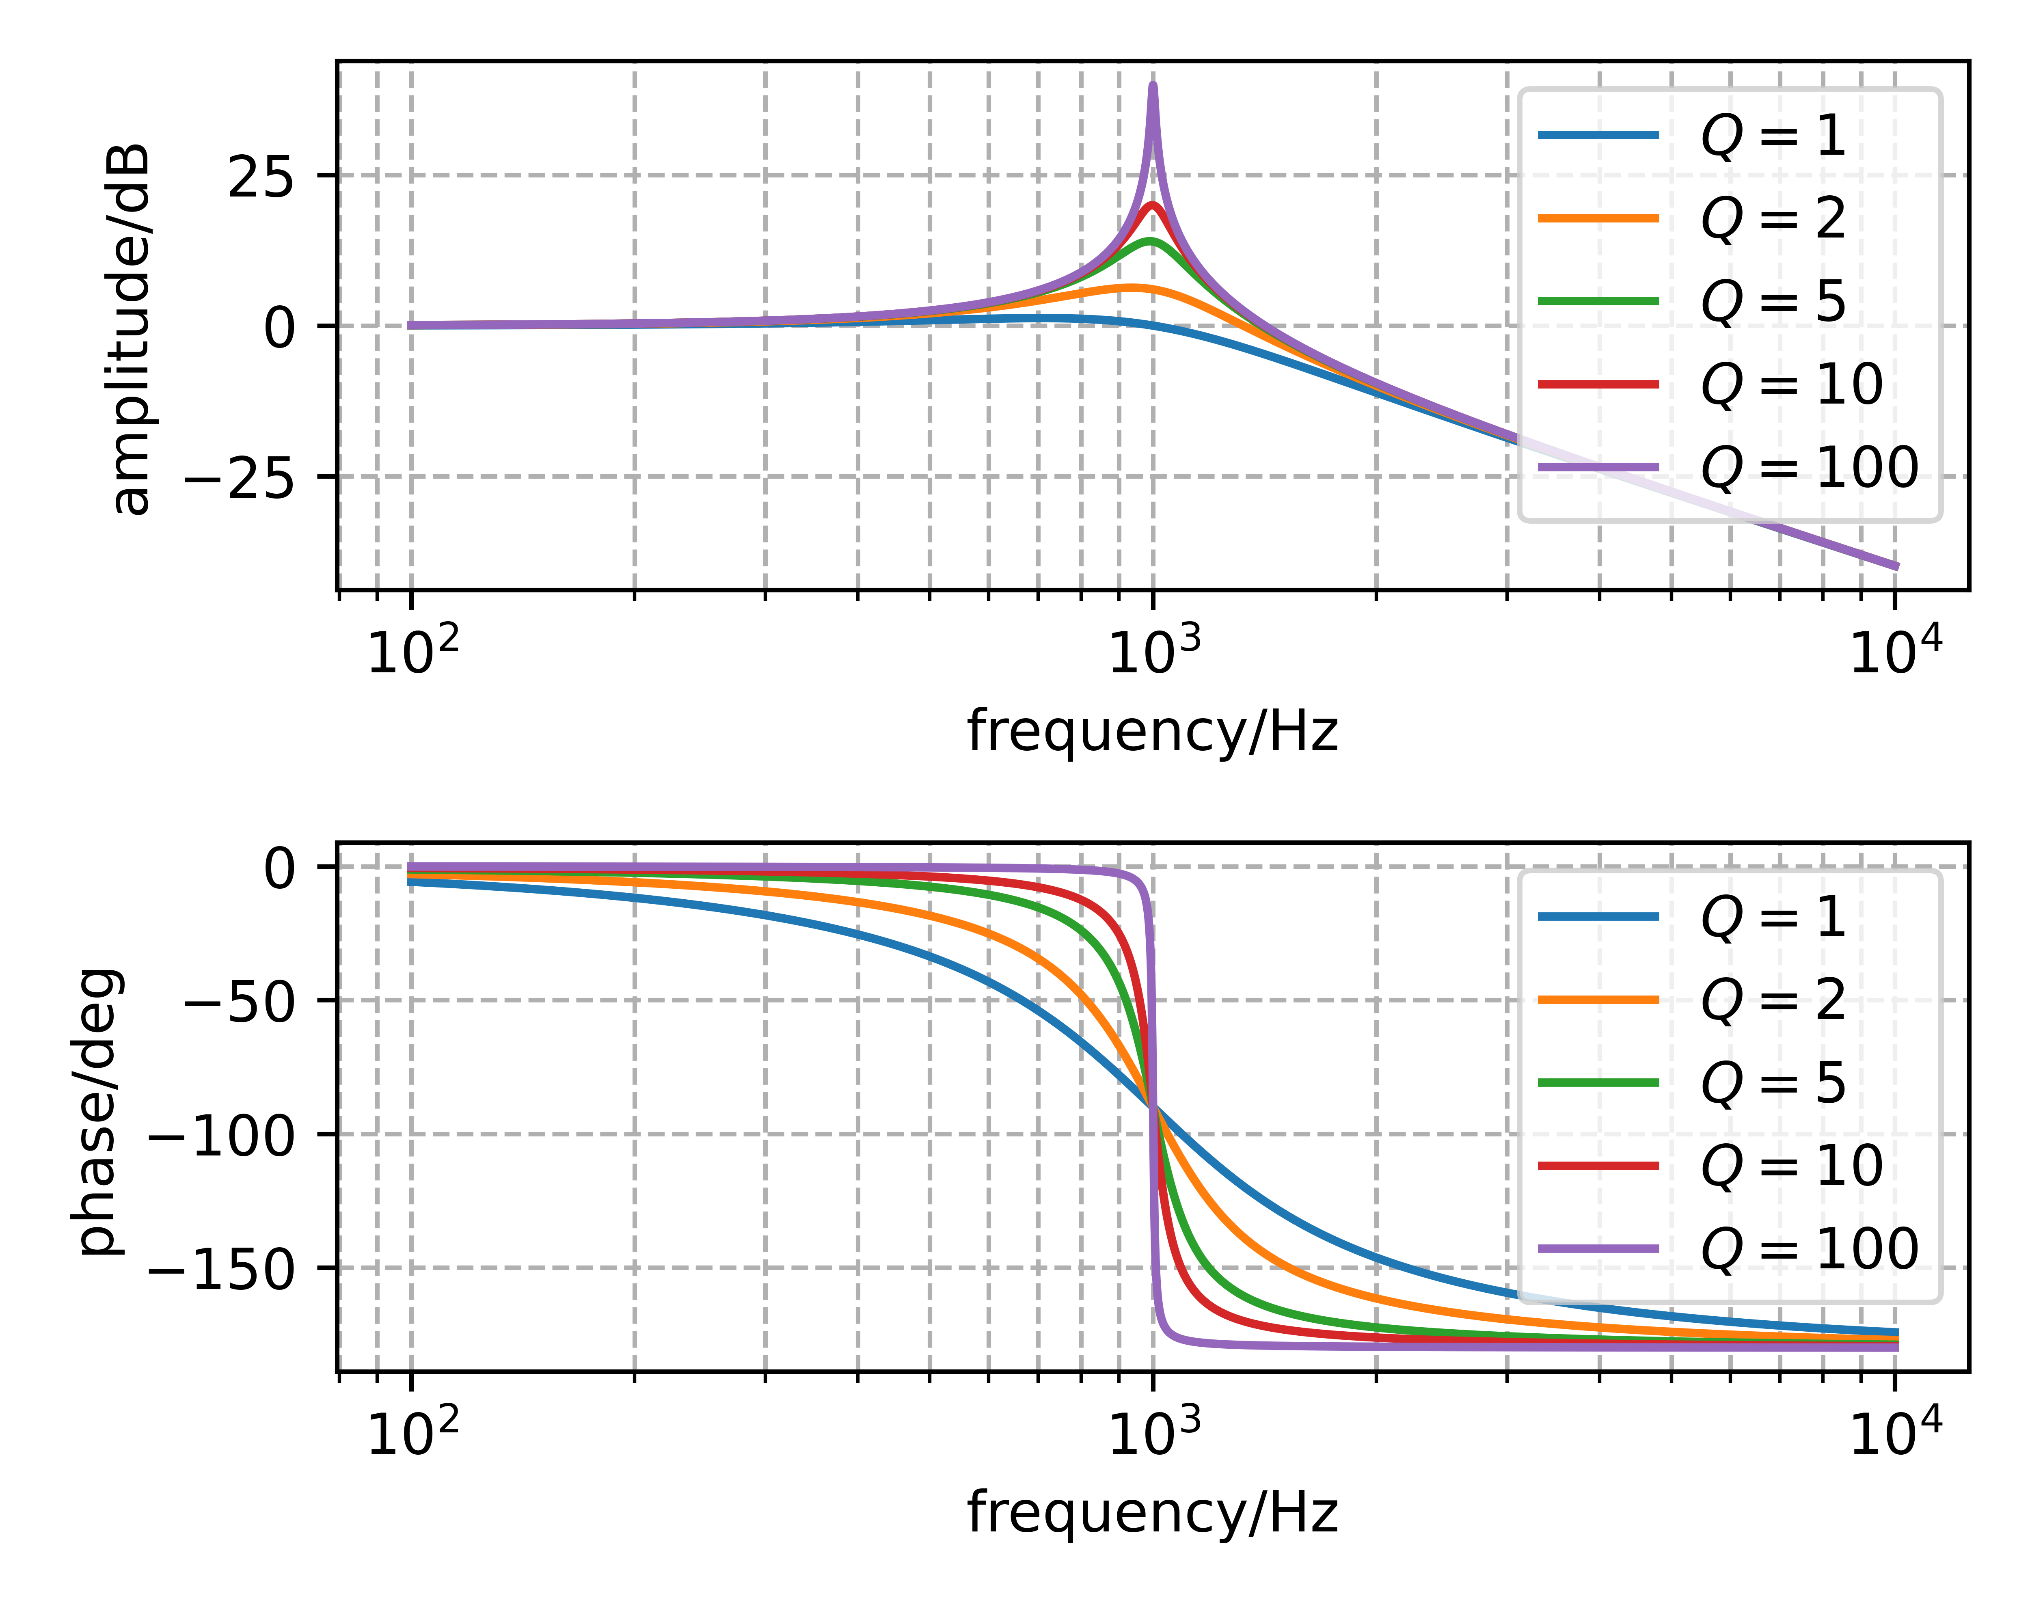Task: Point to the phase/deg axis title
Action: point(99,1111)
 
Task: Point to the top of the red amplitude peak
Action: point(1153,205)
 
